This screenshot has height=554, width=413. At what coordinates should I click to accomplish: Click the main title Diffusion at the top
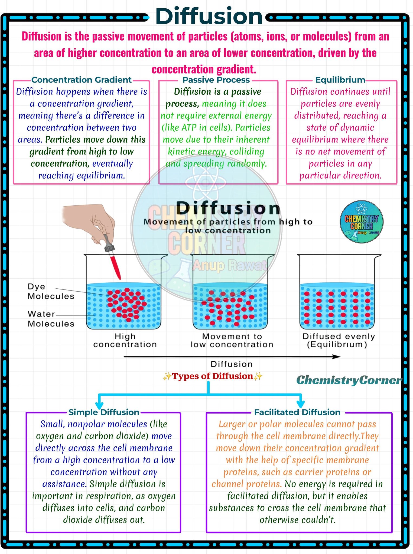(209, 16)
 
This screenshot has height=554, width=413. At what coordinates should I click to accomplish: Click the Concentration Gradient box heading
(82, 80)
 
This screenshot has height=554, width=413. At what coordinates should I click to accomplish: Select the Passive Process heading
(216, 80)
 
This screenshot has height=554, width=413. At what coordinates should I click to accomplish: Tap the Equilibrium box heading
(340, 80)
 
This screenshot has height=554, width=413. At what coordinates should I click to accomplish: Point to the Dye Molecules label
(51, 291)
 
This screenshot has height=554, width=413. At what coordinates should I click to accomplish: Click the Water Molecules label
(51, 319)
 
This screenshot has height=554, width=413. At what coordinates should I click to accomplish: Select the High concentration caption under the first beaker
(125, 340)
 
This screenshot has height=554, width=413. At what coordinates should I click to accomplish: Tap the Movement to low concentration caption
(232, 340)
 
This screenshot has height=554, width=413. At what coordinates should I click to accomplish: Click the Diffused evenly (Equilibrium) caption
(339, 340)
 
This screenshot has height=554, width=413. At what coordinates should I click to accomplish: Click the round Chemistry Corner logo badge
(362, 222)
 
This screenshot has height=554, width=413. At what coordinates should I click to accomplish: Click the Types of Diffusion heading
(212, 376)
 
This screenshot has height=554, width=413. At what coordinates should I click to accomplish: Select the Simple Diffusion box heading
(104, 412)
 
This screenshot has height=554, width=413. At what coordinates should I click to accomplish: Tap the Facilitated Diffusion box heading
(297, 412)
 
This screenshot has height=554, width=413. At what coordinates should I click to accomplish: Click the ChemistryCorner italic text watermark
(349, 380)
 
